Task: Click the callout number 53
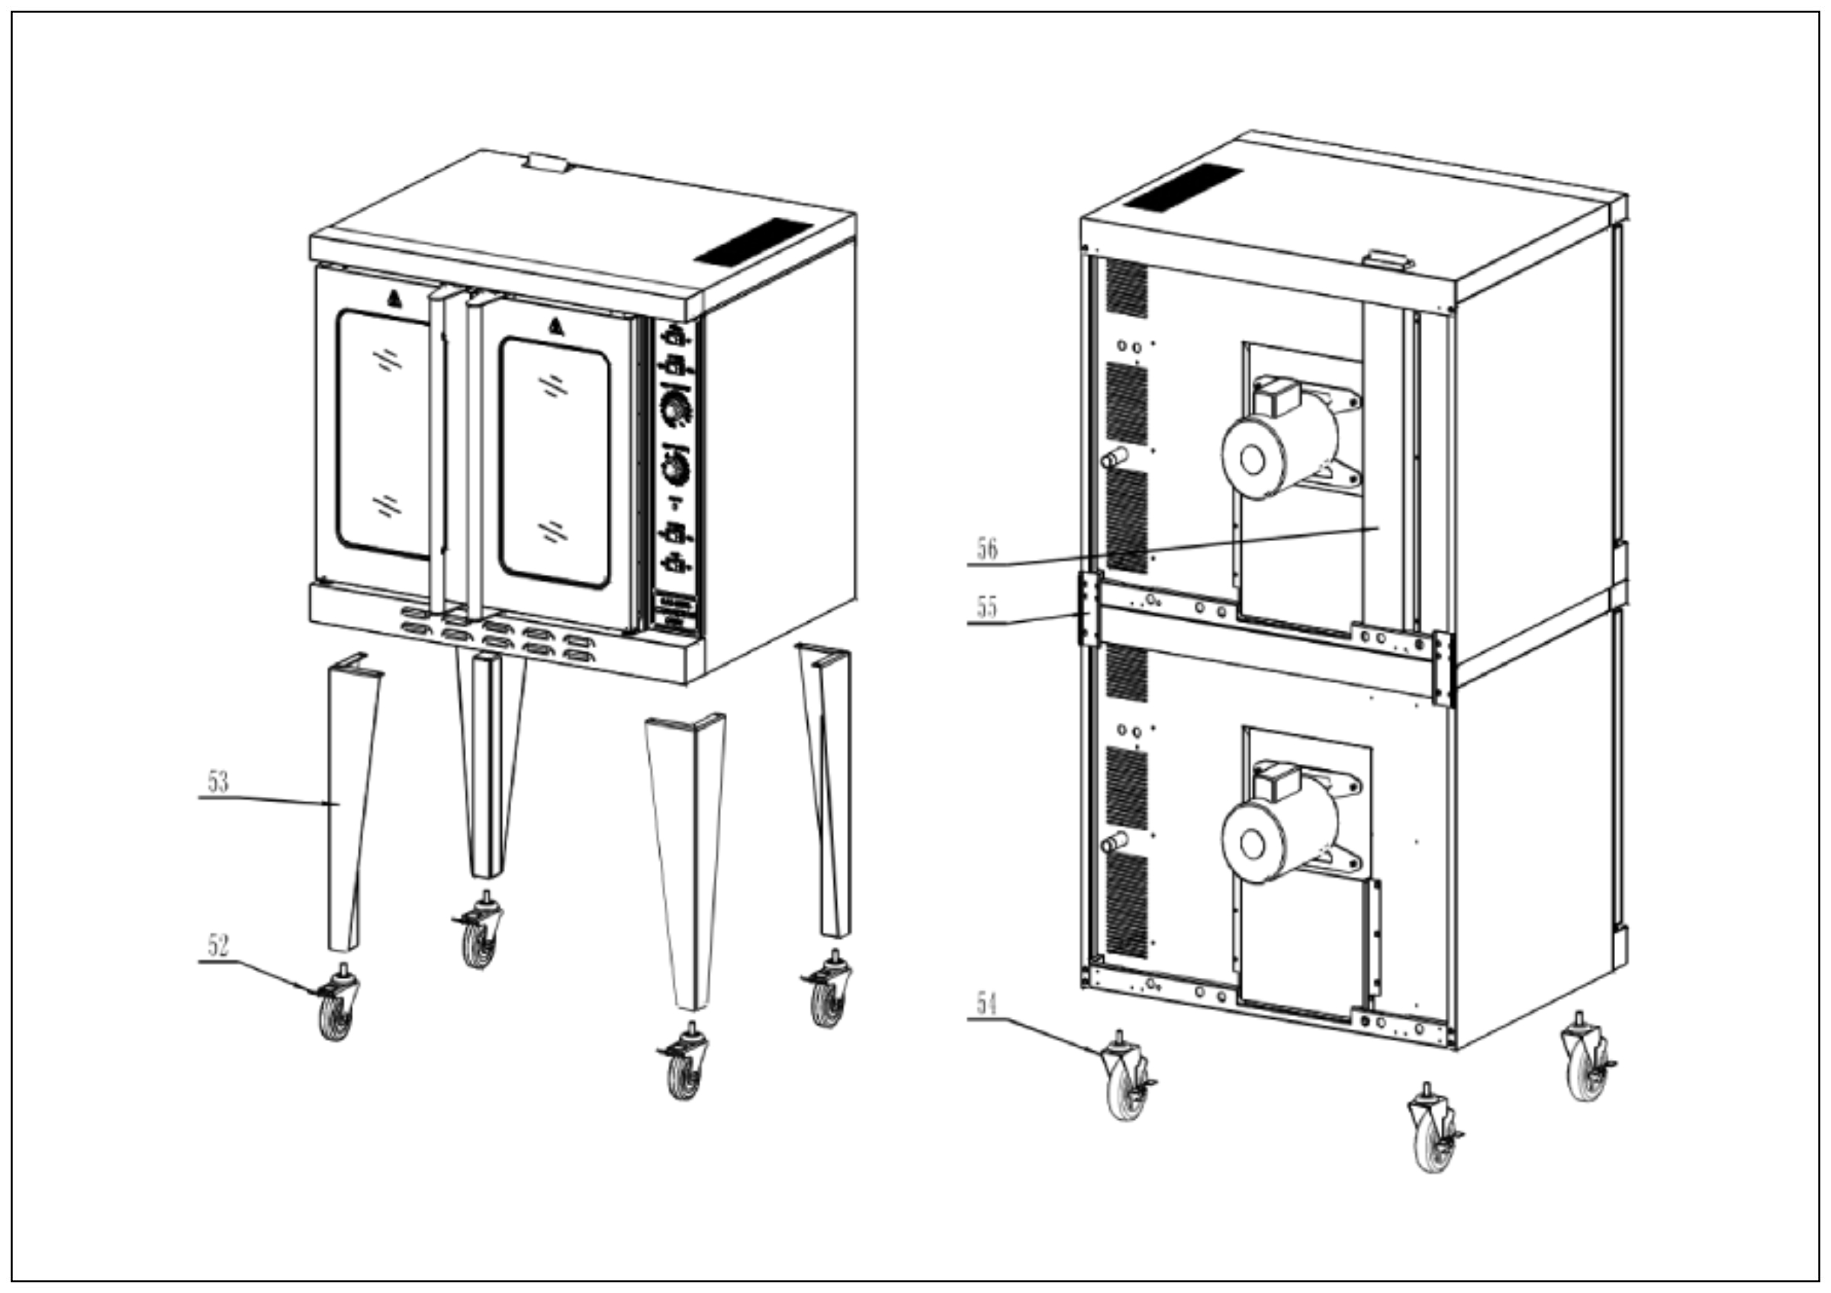(x=217, y=782)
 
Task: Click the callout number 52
(x=217, y=946)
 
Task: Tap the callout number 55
(x=986, y=607)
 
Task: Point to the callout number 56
(x=986, y=549)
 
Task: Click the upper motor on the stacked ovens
(x=1276, y=447)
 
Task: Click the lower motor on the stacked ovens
(x=1276, y=830)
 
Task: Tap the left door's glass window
(x=385, y=435)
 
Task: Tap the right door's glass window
(x=555, y=463)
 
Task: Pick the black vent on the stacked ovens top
(x=1183, y=189)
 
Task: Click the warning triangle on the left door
(x=394, y=299)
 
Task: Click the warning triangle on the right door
(x=556, y=327)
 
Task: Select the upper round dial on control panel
(x=675, y=409)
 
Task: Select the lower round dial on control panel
(x=676, y=467)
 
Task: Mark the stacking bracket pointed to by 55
(x=1089, y=608)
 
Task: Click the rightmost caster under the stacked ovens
(x=1586, y=1069)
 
